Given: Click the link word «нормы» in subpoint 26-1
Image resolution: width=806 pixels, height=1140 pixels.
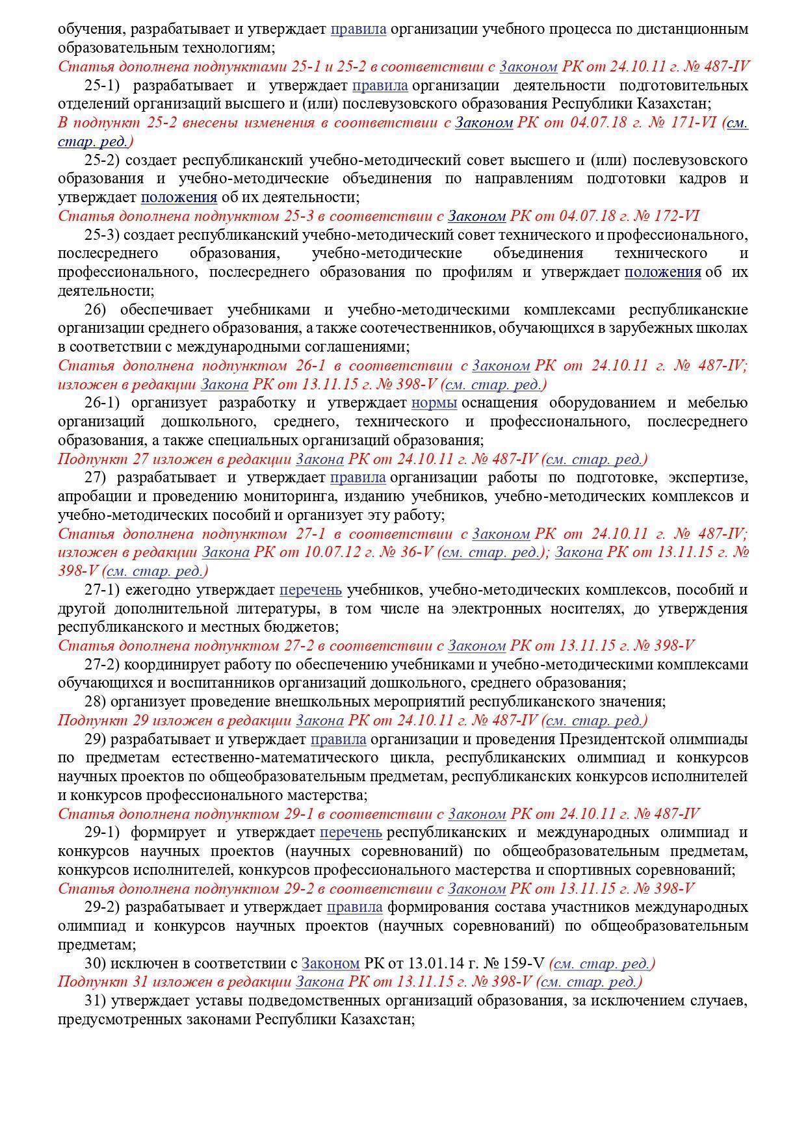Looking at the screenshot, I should pyautogui.click(x=434, y=403).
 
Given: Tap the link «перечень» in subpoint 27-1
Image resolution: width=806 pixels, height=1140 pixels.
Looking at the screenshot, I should pyautogui.click(x=310, y=590).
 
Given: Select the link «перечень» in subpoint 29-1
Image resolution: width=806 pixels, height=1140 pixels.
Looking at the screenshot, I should pyautogui.click(x=350, y=833).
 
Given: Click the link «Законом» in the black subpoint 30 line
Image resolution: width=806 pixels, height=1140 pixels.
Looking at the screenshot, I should pyautogui.click(x=330, y=963).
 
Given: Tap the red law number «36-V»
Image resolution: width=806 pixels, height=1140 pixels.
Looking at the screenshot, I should pyautogui.click(x=417, y=552).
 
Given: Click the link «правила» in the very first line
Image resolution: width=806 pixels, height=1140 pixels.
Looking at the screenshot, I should pyautogui.click(x=358, y=29).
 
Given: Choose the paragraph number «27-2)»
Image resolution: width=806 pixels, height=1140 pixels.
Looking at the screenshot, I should pyautogui.click(x=103, y=665).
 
